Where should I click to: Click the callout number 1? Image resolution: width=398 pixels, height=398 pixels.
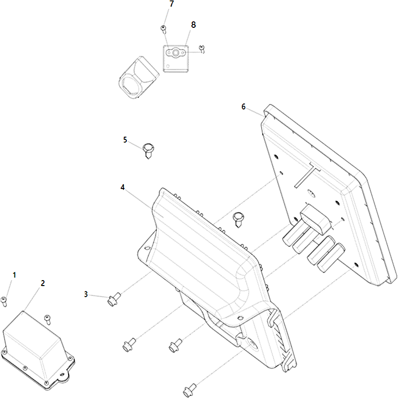(x=14, y=275)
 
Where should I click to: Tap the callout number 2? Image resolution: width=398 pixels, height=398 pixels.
(x=43, y=283)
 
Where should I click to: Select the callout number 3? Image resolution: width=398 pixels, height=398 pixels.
(x=86, y=294)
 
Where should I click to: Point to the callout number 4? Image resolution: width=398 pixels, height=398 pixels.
(x=122, y=188)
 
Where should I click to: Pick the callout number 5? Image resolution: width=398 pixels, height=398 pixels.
(x=125, y=140)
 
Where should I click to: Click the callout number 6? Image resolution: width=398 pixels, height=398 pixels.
(x=243, y=107)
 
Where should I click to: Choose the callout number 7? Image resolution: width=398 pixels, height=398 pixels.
(x=172, y=4)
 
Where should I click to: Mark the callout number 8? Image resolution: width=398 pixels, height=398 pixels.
(x=194, y=25)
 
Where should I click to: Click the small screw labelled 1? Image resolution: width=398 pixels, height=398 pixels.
(x=4, y=301)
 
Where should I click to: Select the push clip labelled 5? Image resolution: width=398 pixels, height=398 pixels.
(x=148, y=151)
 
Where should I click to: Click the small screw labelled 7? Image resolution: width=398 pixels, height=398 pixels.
(x=164, y=29)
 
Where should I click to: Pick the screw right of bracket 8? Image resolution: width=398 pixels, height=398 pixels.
(x=202, y=49)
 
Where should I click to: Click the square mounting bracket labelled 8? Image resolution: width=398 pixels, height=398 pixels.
(x=176, y=59)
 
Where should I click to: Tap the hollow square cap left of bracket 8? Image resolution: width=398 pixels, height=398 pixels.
(x=139, y=78)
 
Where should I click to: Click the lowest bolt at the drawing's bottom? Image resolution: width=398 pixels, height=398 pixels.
(x=190, y=390)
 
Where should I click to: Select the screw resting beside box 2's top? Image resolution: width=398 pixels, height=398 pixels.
(x=47, y=319)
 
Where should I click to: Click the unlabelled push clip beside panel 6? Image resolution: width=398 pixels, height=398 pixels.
(x=238, y=219)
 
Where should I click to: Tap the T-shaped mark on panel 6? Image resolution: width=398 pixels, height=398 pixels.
(x=307, y=175)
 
